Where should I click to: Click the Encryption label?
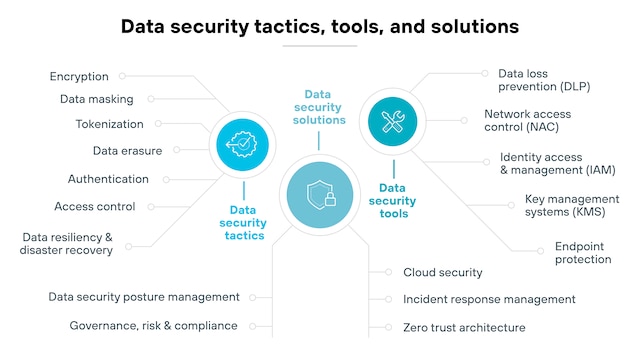pyautogui.click(x=79, y=77)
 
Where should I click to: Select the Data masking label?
pyautogui.click(x=97, y=99)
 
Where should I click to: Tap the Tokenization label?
pyautogui.click(x=109, y=124)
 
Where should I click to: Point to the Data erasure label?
pyautogui.click(x=127, y=151)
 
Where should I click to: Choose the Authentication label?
pyautogui.click(x=108, y=179)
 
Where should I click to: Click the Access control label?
pyautogui.click(x=95, y=207)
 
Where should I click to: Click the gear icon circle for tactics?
pyautogui.click(x=242, y=144)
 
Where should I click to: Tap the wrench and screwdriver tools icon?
pyautogui.click(x=392, y=122)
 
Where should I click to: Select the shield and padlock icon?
pyautogui.click(x=320, y=195)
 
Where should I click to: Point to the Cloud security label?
pyautogui.click(x=443, y=272)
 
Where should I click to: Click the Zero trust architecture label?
pyautogui.click(x=464, y=327)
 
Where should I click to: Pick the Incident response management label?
pyautogui.click(x=489, y=299)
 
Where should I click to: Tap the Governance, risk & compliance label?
pyautogui.click(x=153, y=326)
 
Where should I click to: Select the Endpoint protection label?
pyautogui.click(x=583, y=253)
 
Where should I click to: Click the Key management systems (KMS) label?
pyautogui.click(x=572, y=205)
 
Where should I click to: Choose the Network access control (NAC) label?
pyautogui.click(x=527, y=120)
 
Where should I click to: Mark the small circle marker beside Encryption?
pyautogui.click(x=122, y=76)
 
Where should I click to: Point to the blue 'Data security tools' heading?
pyautogui.click(x=392, y=201)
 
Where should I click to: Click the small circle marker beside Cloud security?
pyautogui.click(x=388, y=272)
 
